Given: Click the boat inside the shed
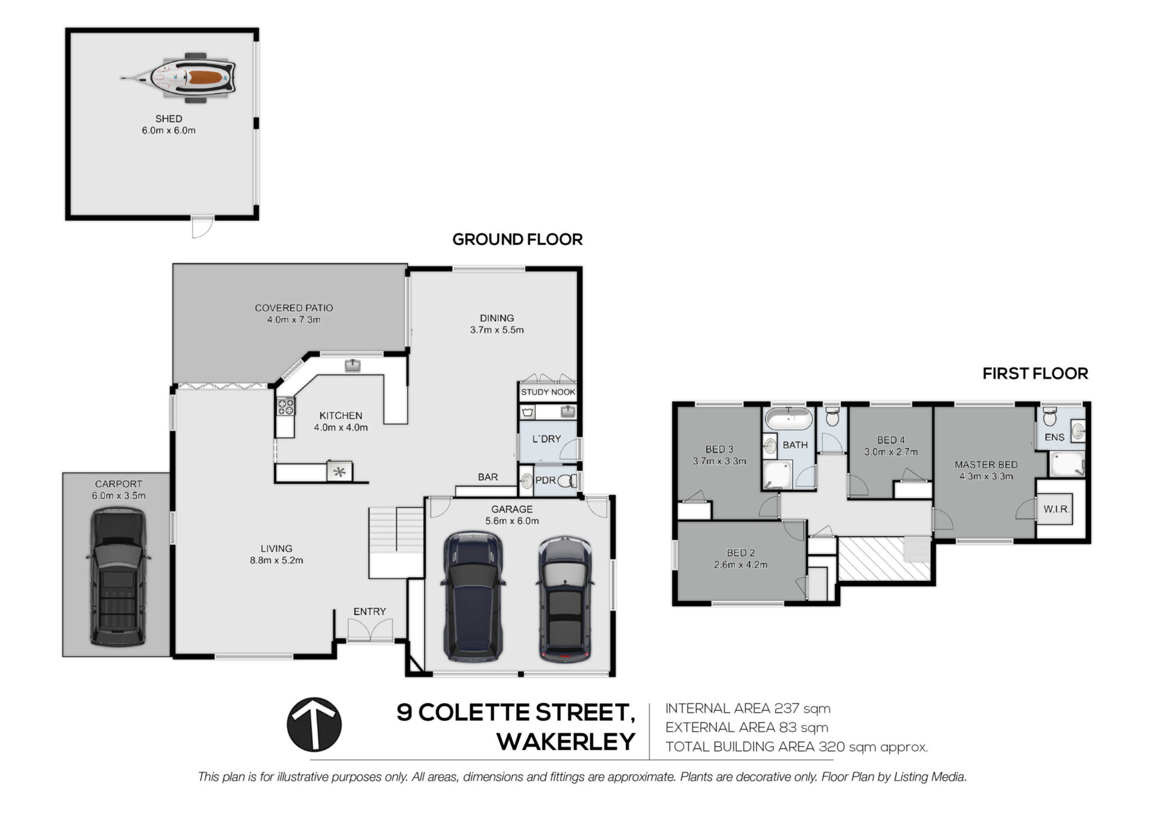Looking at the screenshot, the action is point(178,77).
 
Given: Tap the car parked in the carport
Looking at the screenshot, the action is point(118,577).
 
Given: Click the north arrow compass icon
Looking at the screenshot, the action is point(314,724).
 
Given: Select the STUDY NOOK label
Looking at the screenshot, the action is point(547,392).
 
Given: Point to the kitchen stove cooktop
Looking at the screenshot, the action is point(285,406).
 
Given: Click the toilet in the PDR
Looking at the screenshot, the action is point(568,480).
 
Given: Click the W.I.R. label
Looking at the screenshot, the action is point(1056,509).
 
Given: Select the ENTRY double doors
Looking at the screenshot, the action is point(370,630).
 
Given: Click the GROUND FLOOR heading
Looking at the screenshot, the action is point(517,239).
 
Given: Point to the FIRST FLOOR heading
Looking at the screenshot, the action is point(1035,374).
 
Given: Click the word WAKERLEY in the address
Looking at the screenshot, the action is point(566,742).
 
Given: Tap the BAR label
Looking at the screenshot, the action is point(488,477).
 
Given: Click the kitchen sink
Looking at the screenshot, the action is point(353,365).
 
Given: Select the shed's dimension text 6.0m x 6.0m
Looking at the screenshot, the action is point(168,131).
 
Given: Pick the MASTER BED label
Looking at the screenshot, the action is point(986,465).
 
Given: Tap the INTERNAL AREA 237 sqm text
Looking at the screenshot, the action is point(747,708).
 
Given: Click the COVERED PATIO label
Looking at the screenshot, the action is point(293,308).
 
